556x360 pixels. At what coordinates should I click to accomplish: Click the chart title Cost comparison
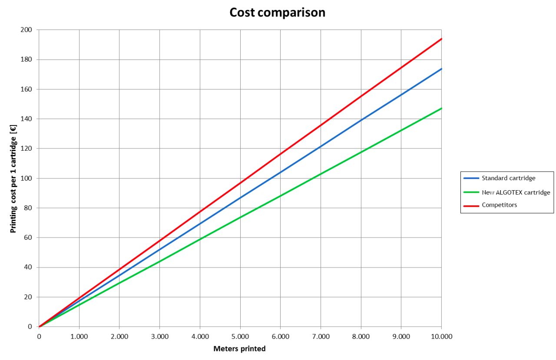pos(277,13)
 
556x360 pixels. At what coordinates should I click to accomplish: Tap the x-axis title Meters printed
pos(239,349)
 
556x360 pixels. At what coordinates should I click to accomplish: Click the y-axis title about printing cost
pos(13,178)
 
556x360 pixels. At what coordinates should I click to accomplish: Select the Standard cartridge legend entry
pos(508,178)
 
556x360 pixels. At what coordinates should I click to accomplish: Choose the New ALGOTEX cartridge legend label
pos(516,192)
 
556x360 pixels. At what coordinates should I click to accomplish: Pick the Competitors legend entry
pos(499,205)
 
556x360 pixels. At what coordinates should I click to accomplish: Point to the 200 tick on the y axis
pos(27,30)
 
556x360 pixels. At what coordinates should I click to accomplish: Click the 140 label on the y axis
pos(27,119)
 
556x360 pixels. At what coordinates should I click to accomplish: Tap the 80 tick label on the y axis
pos(29,208)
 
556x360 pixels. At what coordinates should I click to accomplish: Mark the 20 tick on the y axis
pos(29,297)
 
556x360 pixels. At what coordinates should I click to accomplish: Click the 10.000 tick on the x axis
pos(441,336)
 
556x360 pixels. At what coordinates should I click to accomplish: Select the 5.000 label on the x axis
pos(240,336)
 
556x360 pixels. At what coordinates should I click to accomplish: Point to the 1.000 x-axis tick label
pos(79,336)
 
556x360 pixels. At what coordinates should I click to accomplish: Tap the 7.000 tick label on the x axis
pos(321,336)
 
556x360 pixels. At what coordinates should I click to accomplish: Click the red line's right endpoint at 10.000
pos(441,39)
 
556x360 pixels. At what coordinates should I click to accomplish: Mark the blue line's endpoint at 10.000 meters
pos(441,69)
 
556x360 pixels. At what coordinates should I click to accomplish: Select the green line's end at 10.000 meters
pos(441,108)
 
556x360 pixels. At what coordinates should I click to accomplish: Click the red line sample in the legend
pos(471,205)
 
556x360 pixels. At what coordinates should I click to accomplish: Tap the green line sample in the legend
pos(471,192)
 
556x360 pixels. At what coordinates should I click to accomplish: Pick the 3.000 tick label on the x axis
pos(159,336)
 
